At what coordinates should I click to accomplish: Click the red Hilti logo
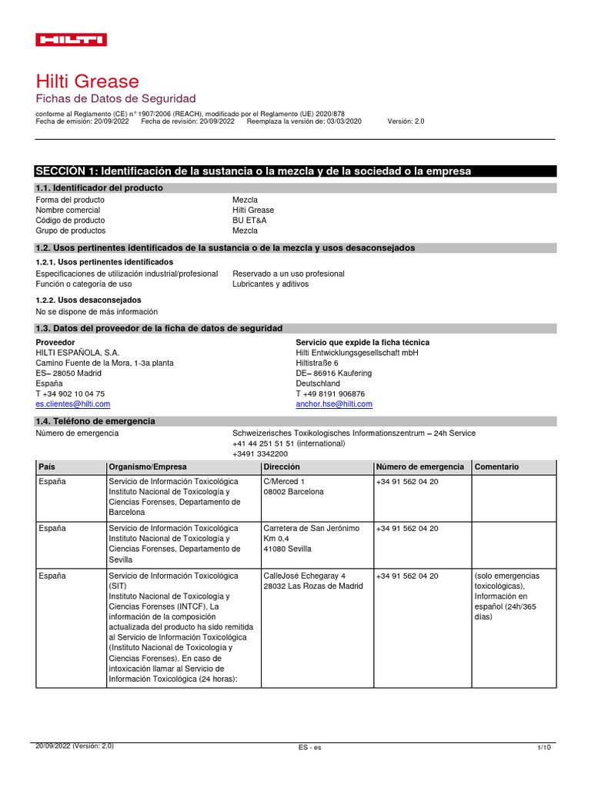coord(72,40)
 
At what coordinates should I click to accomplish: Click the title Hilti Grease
coord(88,81)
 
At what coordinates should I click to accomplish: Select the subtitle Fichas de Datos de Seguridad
coord(116,98)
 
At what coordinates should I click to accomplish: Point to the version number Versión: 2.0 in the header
coord(406,121)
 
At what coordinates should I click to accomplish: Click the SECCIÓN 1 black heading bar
coord(295,171)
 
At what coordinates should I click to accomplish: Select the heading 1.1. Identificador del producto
coord(99,188)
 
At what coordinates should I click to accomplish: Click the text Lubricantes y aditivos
coord(270,284)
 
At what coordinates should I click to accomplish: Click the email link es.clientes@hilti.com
coord(73,403)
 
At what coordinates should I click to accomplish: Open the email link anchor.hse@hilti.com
coord(334,403)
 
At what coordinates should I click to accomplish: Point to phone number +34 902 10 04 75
coord(71,393)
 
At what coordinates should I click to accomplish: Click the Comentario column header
coord(497,467)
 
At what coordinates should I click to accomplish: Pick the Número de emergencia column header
coord(419,467)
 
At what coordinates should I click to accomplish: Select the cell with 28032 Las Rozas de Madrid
coord(312,586)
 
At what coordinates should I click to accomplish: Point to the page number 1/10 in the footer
coord(544,747)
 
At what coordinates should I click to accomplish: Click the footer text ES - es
coord(310,747)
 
